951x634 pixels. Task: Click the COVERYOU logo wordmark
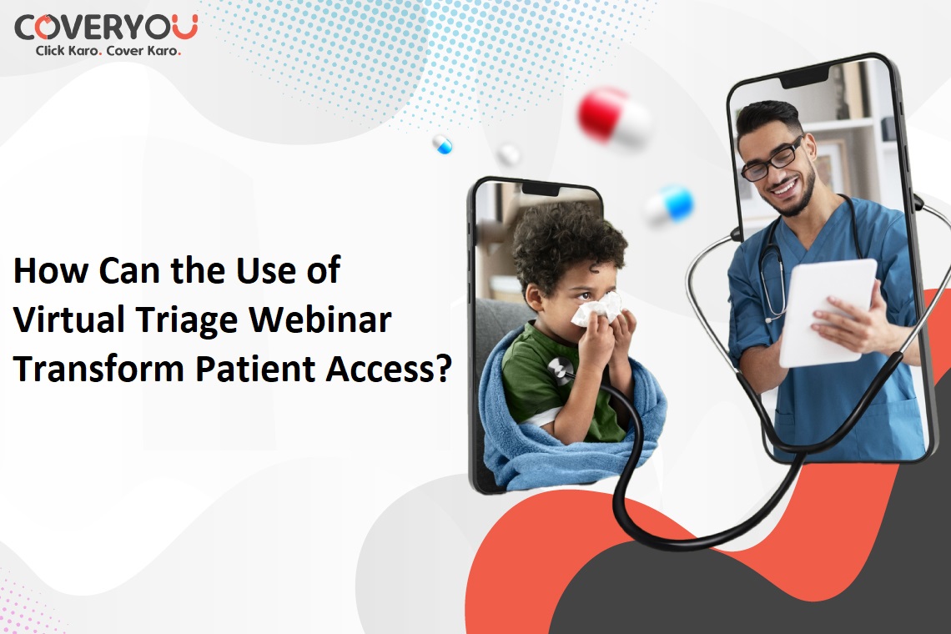106,28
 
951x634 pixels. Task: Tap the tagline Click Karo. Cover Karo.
108,51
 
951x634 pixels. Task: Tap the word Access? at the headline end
389,368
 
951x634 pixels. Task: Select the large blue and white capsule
670,204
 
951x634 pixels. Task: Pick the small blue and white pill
443,144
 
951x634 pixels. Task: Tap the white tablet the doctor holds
828,313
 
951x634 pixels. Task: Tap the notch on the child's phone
541,189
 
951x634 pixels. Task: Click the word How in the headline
51,270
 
